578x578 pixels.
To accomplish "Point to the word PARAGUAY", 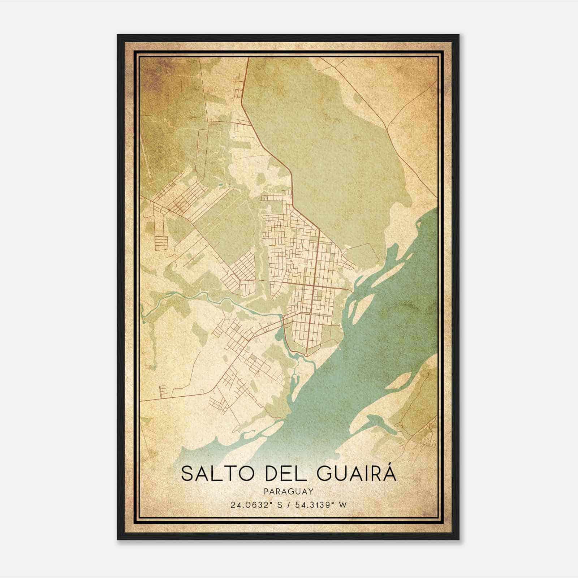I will coord(288,491).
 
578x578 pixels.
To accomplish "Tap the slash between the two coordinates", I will coord(289,505).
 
